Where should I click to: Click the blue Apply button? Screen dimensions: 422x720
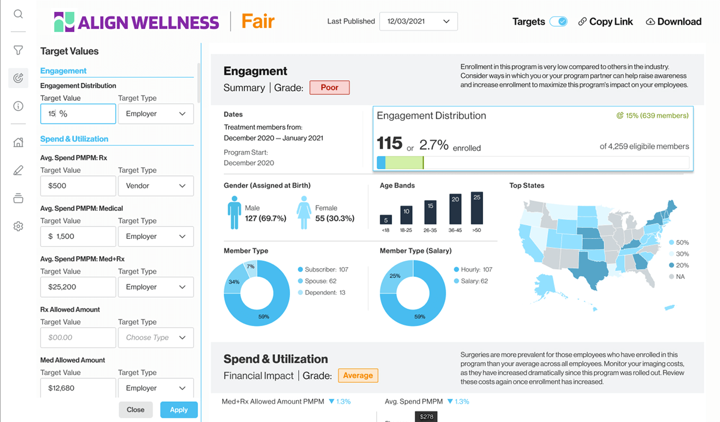[178, 410]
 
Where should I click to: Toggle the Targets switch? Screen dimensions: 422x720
[558, 22]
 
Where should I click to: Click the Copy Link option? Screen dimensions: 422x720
[605, 22]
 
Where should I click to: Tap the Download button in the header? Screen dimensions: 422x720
[673, 22]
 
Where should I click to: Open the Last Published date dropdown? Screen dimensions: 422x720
[418, 22]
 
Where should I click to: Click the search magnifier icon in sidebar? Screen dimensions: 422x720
[18, 14]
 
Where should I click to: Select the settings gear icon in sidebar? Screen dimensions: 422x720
[18, 226]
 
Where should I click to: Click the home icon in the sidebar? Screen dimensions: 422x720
[18, 143]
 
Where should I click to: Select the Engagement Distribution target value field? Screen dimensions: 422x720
[78, 114]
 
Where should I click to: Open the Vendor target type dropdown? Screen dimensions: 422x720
[156, 186]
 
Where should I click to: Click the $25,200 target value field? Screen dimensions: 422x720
[78, 287]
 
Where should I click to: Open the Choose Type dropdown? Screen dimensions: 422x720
[156, 338]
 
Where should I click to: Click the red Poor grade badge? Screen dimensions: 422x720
[329, 87]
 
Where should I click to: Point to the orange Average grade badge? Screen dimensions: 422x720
[357, 376]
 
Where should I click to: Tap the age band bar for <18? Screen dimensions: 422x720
[386, 220]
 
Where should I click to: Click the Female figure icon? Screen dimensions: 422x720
[304, 213]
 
